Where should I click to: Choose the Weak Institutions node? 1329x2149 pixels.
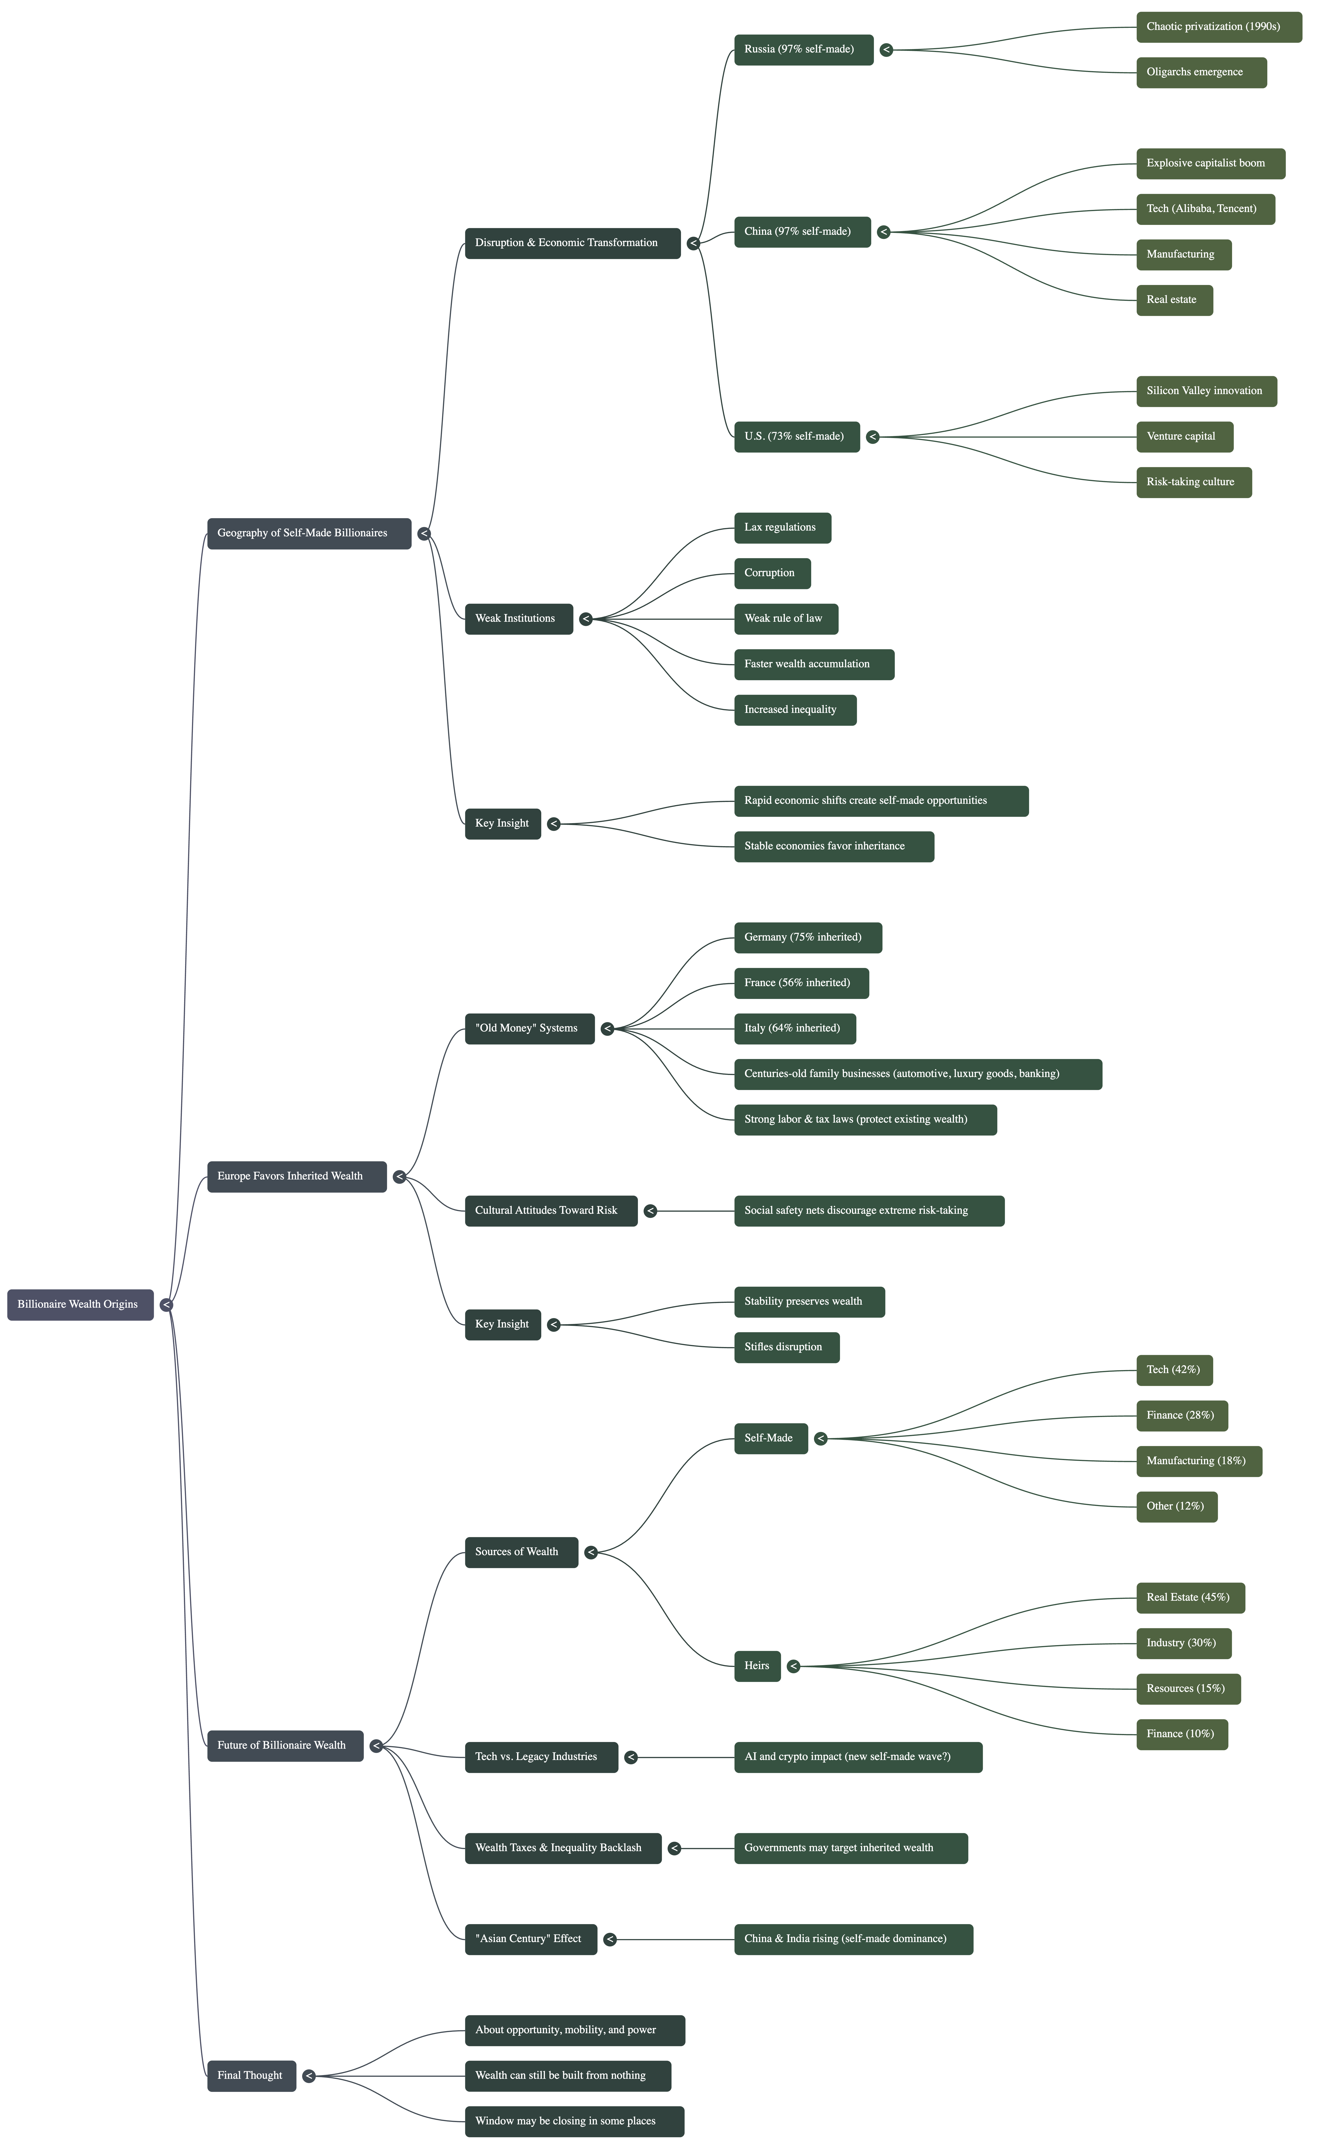(519, 619)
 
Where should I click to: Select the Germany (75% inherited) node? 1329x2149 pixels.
(808, 938)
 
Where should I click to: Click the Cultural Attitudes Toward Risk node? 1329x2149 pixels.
(551, 1211)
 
